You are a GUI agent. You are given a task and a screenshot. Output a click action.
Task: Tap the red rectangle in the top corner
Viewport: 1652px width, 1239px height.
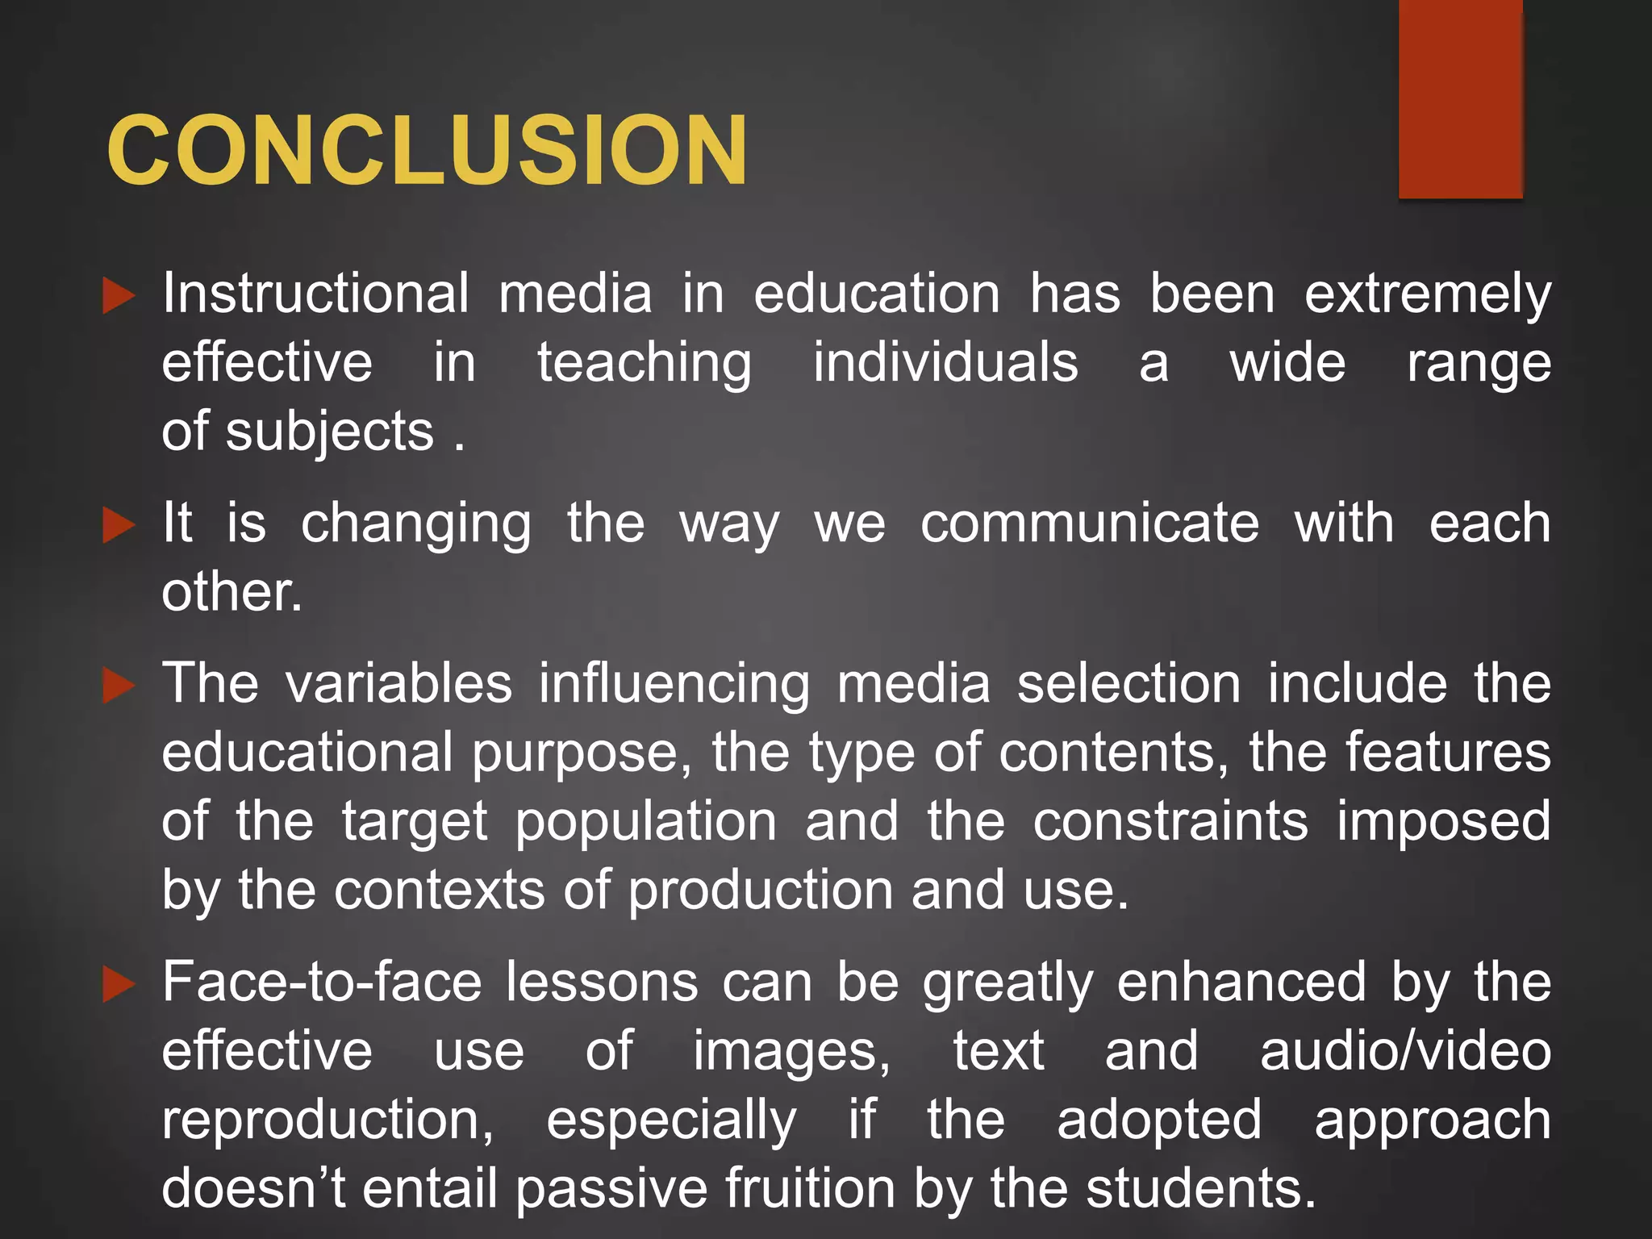click(1460, 98)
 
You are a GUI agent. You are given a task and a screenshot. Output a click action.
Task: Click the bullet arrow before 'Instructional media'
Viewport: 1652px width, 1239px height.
click(119, 296)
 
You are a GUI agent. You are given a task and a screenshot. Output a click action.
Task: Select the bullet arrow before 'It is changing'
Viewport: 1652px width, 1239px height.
click(119, 526)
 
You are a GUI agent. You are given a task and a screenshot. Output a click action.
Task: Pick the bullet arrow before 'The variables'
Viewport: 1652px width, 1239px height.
click(119, 686)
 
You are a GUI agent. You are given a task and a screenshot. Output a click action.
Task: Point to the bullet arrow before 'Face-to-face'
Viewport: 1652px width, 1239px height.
click(119, 984)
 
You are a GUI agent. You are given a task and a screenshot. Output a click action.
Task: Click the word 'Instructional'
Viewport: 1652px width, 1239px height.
click(315, 293)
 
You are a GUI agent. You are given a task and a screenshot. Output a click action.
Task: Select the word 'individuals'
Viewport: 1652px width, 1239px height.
click(945, 362)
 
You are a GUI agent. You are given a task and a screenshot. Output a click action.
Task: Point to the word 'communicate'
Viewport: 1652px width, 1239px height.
click(1090, 524)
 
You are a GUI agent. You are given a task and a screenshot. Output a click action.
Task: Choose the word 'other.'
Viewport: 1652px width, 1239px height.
click(232, 591)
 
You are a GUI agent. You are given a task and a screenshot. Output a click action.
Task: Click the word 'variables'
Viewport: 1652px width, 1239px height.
click(399, 683)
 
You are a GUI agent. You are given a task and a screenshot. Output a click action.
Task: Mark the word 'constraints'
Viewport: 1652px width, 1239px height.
click(1171, 822)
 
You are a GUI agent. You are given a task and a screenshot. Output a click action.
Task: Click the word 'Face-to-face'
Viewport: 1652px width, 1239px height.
click(322, 982)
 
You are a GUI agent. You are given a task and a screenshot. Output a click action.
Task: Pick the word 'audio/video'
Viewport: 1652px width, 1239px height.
click(1405, 1051)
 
